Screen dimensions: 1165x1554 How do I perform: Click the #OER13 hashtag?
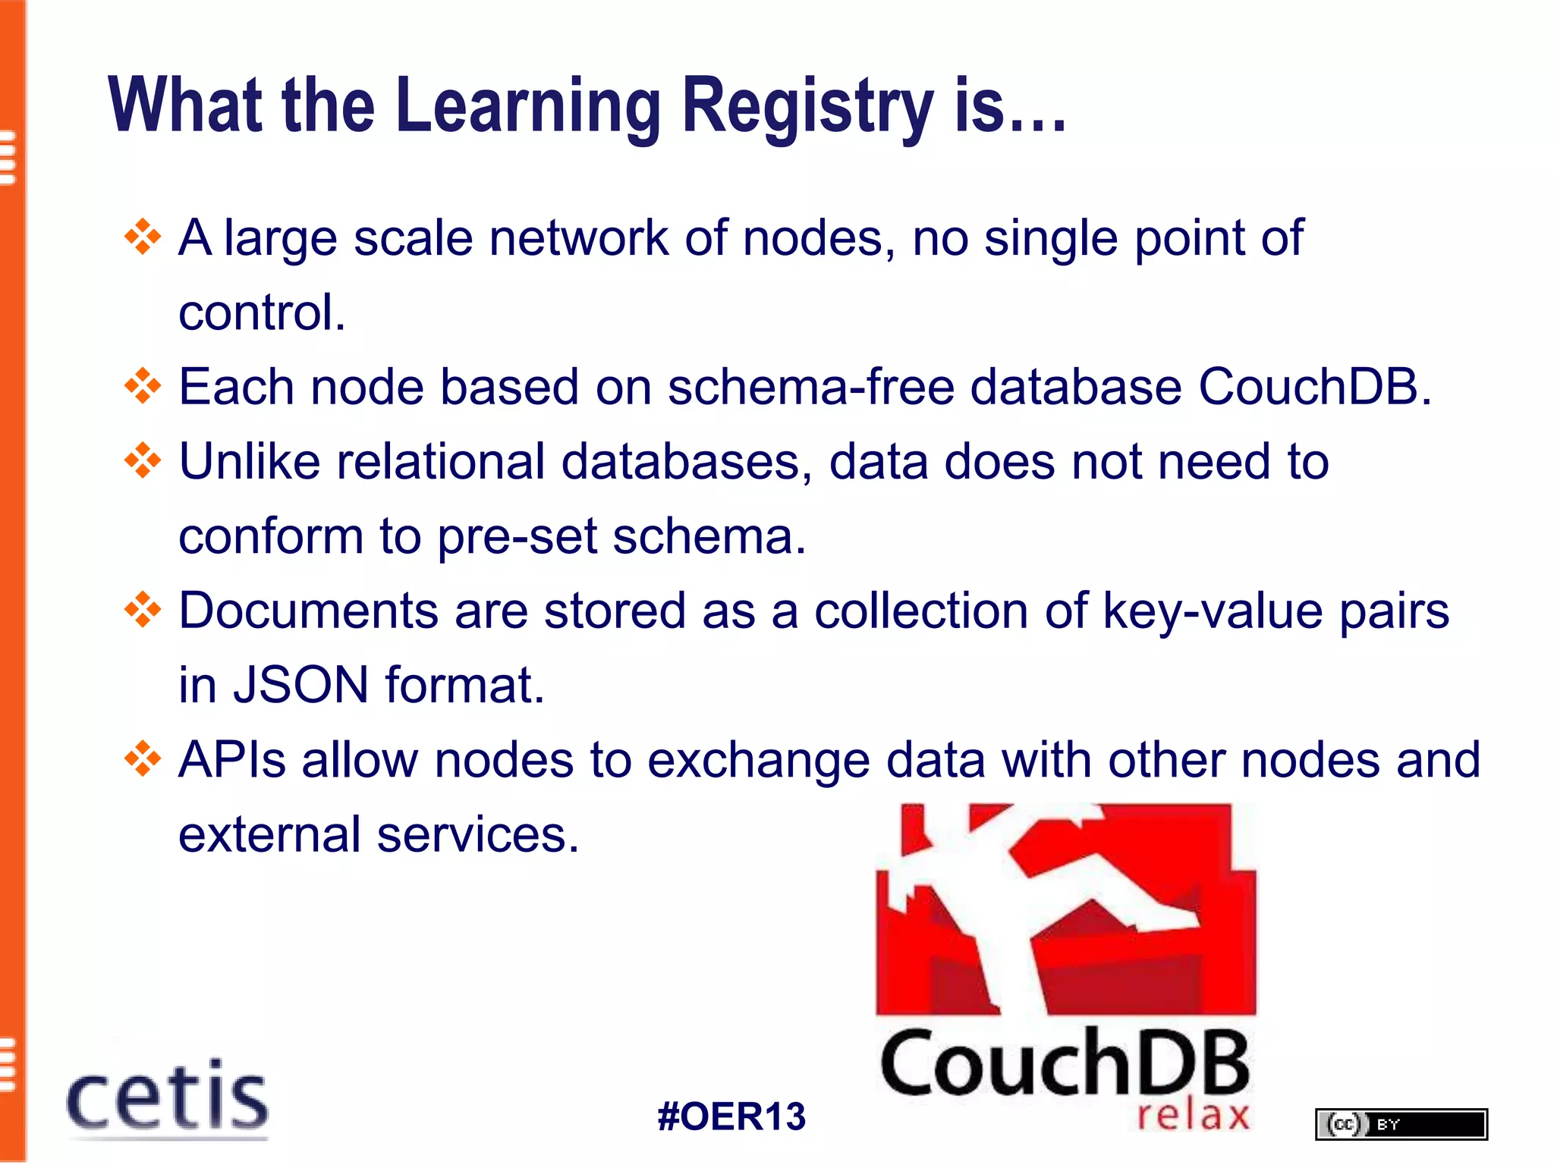coord(731,1116)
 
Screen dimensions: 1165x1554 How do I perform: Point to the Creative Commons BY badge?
coord(1401,1124)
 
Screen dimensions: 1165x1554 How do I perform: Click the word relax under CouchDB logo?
coord(1193,1115)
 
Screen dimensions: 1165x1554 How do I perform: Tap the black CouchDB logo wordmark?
coord(1064,1063)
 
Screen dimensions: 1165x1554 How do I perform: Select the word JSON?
coord(300,684)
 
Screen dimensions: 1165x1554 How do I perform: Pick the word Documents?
coord(308,611)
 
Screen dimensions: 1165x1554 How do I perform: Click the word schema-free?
coord(810,387)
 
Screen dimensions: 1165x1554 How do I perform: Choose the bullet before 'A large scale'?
coord(143,238)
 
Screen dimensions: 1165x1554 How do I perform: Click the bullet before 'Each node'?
coord(143,387)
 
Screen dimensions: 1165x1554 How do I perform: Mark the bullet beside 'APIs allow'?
coord(143,759)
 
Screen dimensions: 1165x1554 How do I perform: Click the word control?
coord(262,312)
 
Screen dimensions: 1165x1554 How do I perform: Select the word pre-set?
coord(517,537)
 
